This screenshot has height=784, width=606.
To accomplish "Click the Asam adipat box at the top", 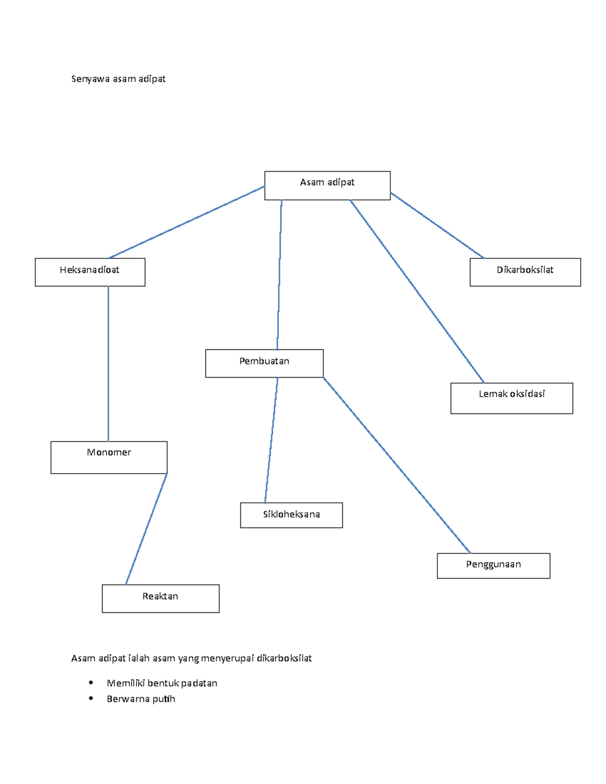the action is (327, 185).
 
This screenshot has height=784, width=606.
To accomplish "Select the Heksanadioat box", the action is (90, 272).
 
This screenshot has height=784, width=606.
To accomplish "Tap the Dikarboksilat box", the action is (525, 272).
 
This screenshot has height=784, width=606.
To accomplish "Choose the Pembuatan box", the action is (264, 363).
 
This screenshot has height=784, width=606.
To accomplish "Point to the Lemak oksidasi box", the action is (512, 398).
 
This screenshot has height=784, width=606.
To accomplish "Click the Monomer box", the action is (109, 457).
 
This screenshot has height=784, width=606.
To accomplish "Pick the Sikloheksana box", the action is (291, 515).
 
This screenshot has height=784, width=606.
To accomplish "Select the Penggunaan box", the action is (493, 566).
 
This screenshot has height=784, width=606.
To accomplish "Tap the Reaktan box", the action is (160, 599).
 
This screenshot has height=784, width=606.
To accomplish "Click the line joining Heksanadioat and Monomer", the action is (108, 363).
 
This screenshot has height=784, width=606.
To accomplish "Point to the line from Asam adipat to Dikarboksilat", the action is (437, 226).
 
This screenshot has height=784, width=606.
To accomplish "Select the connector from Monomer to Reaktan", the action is (146, 529).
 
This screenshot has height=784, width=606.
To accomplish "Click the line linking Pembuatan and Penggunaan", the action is (397, 465).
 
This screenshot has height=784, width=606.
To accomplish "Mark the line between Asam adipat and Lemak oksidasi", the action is (417, 291).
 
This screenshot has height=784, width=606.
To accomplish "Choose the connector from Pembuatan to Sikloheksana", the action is (271, 440).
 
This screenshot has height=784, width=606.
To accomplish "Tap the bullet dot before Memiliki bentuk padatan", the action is (90, 682).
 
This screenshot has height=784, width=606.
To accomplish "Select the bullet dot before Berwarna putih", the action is (90, 699).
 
